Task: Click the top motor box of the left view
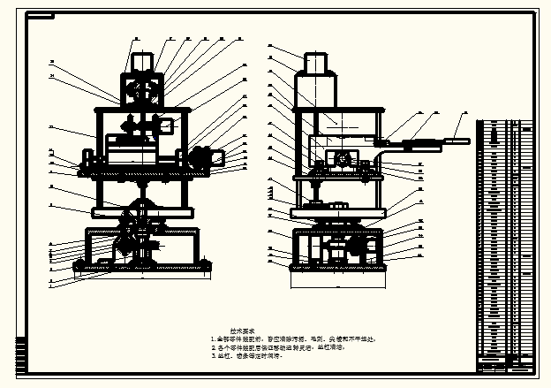coord(143,62)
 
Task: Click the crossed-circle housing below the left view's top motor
coord(142,90)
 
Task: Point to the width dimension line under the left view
coord(141,277)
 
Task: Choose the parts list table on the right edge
coord(505,239)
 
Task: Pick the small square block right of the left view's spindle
coord(166,125)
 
